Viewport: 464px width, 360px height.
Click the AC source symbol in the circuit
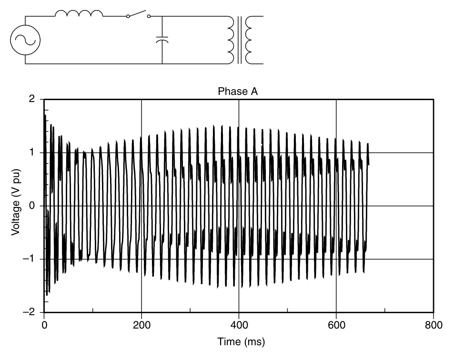(25, 40)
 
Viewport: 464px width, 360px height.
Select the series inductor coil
(79, 13)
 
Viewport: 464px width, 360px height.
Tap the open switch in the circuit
(138, 14)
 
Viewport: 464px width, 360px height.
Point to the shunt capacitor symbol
(162, 40)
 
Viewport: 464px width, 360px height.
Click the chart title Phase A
(238, 91)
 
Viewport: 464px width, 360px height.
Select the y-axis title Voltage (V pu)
(16, 202)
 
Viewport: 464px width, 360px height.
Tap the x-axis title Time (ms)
(241, 341)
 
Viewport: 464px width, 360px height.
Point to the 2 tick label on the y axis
(32, 99)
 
